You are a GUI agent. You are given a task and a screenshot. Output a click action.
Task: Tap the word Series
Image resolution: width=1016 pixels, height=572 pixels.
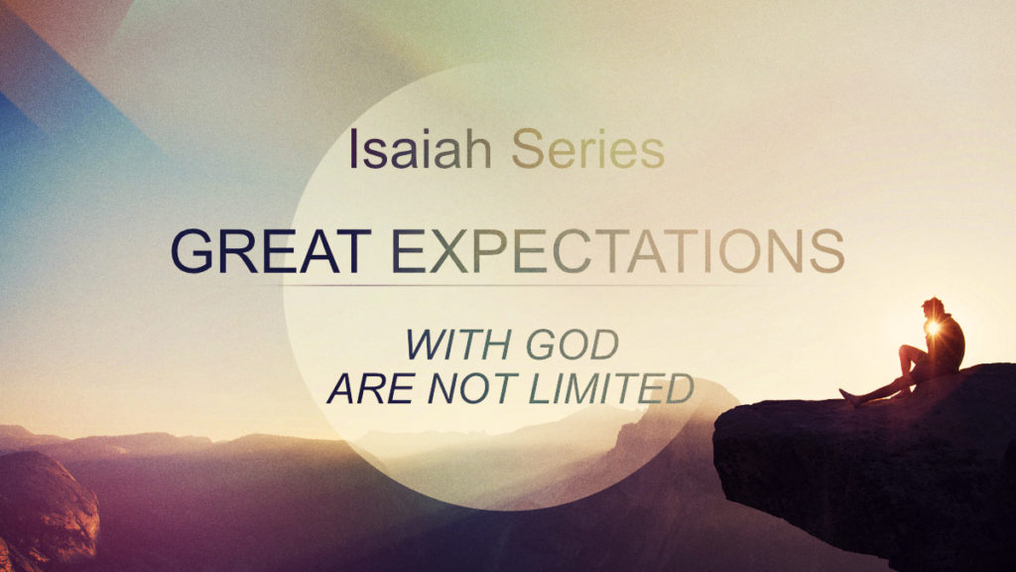pyautogui.click(x=587, y=150)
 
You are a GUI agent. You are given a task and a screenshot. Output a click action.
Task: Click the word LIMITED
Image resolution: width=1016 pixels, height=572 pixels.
pyautogui.click(x=609, y=388)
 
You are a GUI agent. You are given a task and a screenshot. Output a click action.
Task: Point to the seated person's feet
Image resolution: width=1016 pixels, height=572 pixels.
pyautogui.click(x=847, y=397)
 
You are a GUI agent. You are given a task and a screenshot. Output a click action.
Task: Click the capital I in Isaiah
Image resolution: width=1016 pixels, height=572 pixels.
pyautogui.click(x=354, y=150)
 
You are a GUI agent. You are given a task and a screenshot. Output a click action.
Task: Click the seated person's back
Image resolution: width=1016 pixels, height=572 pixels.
pyautogui.click(x=953, y=343)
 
